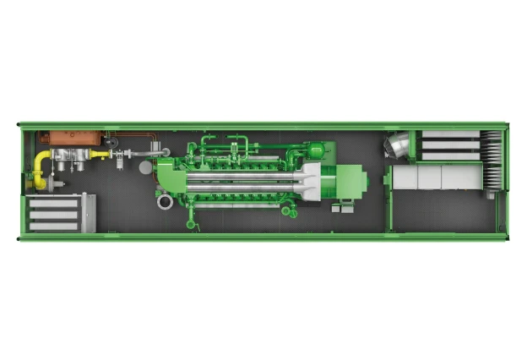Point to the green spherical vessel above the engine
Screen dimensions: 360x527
tap(316, 150)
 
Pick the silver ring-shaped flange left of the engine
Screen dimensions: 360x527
tap(163, 202)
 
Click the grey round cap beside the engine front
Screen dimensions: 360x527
tap(145, 167)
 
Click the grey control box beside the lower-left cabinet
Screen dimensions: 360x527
tap(88, 212)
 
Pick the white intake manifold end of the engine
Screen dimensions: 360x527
tap(310, 182)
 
